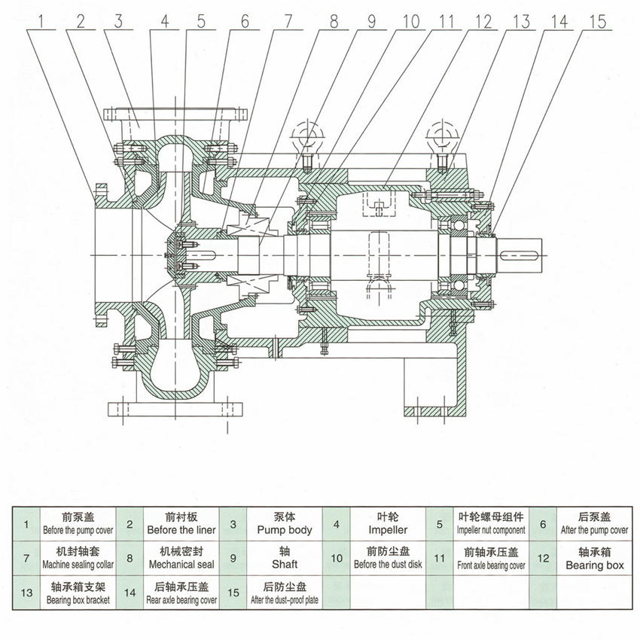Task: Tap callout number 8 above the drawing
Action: point(331,21)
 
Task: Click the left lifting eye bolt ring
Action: point(309,133)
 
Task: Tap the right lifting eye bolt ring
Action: point(441,133)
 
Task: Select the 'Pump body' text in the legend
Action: point(284,530)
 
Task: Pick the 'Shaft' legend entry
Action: point(284,564)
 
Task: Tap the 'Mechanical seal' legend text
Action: point(181,564)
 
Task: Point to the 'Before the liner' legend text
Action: point(181,530)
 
